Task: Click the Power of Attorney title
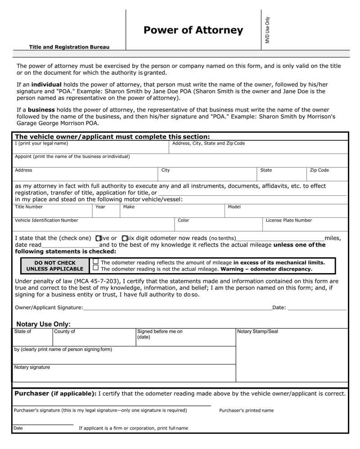coord(193,30)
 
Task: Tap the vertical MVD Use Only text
coord(267,30)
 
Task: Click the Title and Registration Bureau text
coord(69,47)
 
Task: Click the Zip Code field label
coord(319,171)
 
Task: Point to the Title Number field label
coord(29,207)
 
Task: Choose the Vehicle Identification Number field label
coord(46,220)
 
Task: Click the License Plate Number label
coord(288,220)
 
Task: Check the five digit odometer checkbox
coord(99,238)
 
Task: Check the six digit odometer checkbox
coord(125,238)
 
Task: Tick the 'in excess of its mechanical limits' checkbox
coord(95,261)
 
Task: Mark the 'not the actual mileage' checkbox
coord(95,268)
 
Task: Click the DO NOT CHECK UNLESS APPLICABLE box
coord(55,266)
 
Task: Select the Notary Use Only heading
coord(43,324)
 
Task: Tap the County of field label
coord(64,332)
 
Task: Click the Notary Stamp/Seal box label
coord(257,332)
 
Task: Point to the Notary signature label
coord(32,367)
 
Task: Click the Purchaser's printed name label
coord(246,410)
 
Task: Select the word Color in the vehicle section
coord(183,220)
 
